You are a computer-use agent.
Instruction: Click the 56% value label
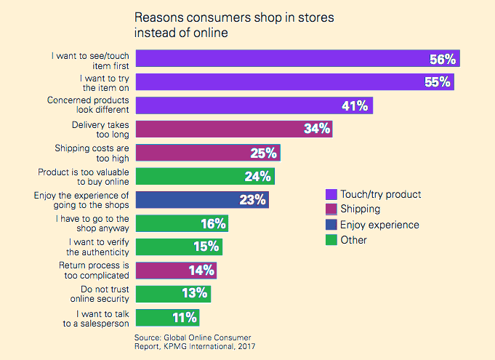[443, 59]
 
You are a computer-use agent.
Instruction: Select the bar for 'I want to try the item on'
[294, 82]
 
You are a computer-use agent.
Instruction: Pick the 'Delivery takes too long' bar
[233, 129]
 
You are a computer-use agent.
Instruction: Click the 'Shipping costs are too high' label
[92, 153]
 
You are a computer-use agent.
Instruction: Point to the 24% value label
[257, 176]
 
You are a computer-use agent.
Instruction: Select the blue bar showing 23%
[202, 199]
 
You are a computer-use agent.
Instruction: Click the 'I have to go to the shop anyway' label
[93, 223]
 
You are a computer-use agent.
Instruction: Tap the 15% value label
[206, 247]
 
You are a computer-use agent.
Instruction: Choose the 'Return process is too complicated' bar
[176, 271]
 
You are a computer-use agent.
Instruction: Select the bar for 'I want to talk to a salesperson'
[167, 317]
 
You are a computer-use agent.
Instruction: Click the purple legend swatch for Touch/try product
[331, 194]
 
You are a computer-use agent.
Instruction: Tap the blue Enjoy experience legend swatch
[331, 225]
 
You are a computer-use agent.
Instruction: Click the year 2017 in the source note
[245, 347]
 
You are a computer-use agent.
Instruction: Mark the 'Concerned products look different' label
[88, 105]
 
